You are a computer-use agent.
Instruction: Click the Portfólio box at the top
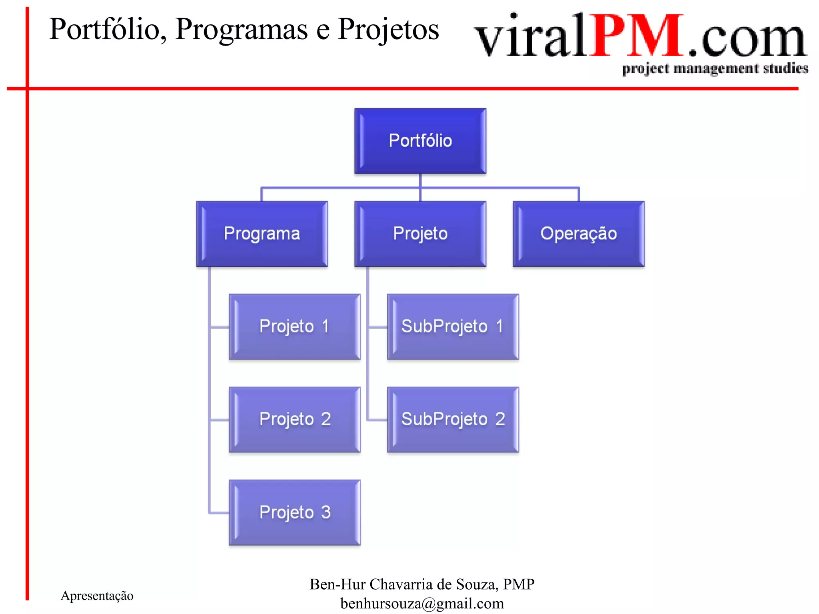(x=420, y=141)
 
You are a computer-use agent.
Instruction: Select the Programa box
(x=262, y=233)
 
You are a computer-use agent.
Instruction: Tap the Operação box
(x=578, y=233)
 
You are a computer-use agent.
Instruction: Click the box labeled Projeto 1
(x=294, y=327)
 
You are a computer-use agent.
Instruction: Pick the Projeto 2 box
(x=294, y=419)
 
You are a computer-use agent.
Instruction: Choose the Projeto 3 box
(x=294, y=512)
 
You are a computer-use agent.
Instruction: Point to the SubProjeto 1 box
(x=453, y=327)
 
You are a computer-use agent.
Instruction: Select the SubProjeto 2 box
(x=453, y=419)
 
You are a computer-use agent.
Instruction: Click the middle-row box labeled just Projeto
(x=420, y=233)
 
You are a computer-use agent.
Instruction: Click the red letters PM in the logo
(x=637, y=36)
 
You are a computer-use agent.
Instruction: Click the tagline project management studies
(x=715, y=69)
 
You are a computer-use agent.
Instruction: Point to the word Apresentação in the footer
(x=97, y=596)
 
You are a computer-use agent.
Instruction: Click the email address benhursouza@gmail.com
(x=422, y=604)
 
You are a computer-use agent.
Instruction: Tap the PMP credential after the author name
(x=518, y=584)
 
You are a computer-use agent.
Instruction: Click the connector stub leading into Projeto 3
(x=219, y=512)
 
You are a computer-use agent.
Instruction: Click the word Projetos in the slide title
(x=388, y=30)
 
